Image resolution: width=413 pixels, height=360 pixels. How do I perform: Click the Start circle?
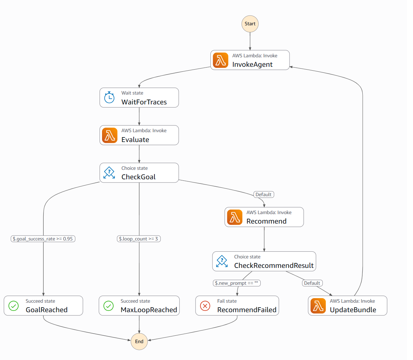[x=250, y=24]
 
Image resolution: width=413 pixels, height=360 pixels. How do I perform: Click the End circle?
[x=139, y=341]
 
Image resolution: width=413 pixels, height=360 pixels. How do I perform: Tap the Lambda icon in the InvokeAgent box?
[x=221, y=60]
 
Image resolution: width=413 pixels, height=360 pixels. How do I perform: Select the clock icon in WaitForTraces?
[x=109, y=97]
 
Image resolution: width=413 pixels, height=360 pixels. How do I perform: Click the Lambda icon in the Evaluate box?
[x=109, y=135]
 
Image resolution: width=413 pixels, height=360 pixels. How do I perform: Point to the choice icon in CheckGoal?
[x=109, y=173]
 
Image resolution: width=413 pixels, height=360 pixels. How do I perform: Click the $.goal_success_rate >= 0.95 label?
[x=43, y=239]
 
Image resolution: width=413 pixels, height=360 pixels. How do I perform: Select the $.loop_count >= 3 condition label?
[x=139, y=239]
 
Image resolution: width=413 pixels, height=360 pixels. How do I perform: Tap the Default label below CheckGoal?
[x=263, y=194]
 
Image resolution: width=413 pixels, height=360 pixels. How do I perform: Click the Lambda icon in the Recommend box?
[x=235, y=217]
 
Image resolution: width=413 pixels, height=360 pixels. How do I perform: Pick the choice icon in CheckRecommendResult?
[x=222, y=261]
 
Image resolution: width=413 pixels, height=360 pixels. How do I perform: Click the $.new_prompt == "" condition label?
[x=236, y=283]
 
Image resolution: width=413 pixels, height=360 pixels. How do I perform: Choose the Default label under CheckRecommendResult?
[x=312, y=283]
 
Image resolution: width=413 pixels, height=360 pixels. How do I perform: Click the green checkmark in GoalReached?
[x=13, y=306]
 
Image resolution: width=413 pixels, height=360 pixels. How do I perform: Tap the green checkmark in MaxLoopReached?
[x=108, y=306]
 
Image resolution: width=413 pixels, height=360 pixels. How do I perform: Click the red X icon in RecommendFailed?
[x=205, y=306]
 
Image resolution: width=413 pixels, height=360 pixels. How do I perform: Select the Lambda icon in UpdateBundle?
[x=318, y=306]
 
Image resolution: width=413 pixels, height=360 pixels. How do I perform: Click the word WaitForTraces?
[x=144, y=102]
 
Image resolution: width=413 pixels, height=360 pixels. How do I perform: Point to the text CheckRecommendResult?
[x=274, y=265]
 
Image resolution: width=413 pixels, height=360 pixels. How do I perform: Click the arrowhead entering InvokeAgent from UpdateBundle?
[x=291, y=67]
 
